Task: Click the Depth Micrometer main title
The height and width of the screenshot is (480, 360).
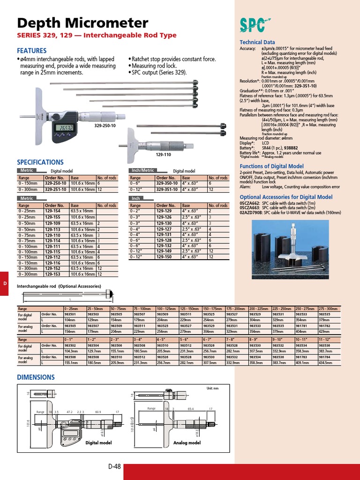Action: tap(82, 23)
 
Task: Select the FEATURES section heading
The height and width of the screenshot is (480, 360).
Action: tap(31, 51)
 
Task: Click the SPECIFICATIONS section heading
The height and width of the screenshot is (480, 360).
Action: tap(40, 162)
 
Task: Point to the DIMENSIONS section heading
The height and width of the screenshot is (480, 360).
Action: tap(36, 377)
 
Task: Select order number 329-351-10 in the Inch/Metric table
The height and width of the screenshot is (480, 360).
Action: tap(166, 190)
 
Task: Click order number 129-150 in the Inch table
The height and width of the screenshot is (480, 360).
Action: tap(164, 257)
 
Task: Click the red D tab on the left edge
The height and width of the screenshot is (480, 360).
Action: tap(4, 283)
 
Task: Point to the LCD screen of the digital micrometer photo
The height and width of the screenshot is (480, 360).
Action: tap(64, 128)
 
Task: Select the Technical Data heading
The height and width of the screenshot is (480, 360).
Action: tap(257, 42)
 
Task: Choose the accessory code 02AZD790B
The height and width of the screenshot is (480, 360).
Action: tap(251, 213)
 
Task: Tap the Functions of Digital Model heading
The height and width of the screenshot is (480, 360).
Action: tap(271, 166)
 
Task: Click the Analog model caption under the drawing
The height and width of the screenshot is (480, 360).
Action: tap(187, 442)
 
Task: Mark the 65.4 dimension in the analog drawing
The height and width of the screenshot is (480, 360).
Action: tap(191, 409)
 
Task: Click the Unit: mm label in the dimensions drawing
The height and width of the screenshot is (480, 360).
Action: tap(212, 389)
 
